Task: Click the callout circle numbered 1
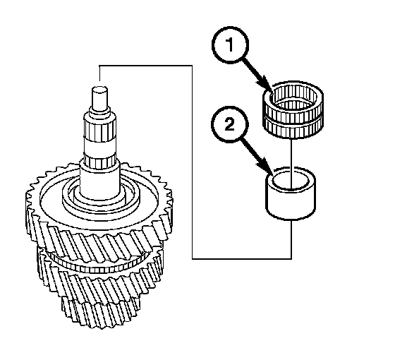pos(230,45)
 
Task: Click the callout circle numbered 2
pos(230,124)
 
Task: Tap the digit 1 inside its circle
pos(230,44)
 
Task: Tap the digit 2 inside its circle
pos(229,124)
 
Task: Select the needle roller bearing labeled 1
pos(293,109)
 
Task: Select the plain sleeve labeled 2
pos(291,193)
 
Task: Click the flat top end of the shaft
pos(99,89)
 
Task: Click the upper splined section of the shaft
pos(100,131)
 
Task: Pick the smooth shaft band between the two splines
pos(100,149)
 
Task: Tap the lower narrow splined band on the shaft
pos(100,162)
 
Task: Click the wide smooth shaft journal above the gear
pos(99,181)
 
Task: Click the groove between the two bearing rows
pos(293,117)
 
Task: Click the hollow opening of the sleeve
pos(291,179)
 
